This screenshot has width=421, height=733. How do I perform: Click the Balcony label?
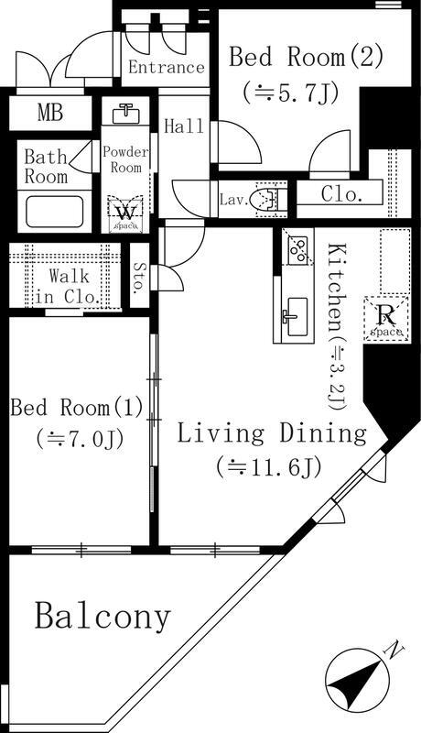[103, 617]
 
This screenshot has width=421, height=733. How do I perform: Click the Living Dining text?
[271, 432]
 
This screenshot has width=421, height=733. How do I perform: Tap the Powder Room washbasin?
[125, 115]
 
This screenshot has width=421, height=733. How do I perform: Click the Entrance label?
[166, 67]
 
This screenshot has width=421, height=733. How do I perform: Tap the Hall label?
[184, 127]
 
